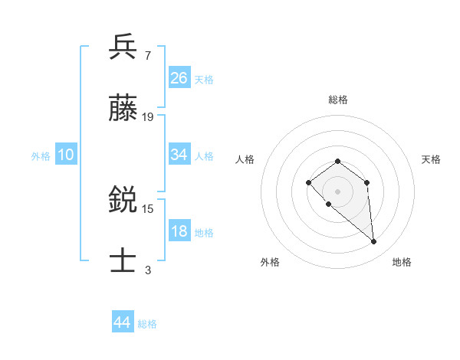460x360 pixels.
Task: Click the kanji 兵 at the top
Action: point(123,47)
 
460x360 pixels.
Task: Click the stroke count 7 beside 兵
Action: point(147,55)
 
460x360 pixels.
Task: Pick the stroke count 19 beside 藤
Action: point(148,117)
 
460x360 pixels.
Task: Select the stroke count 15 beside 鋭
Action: point(148,208)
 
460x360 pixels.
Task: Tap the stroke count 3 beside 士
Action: point(148,270)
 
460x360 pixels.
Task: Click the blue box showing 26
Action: point(179,78)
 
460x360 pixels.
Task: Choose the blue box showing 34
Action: point(179,155)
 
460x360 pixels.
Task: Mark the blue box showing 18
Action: point(179,231)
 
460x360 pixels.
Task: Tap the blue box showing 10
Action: point(66,155)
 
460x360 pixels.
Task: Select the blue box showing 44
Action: point(122,322)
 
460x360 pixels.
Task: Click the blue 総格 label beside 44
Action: point(147,324)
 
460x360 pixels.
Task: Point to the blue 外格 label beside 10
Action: point(41,156)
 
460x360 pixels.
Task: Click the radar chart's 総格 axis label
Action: point(337,100)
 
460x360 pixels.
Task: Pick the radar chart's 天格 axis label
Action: point(431,159)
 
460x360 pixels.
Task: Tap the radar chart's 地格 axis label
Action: point(402,262)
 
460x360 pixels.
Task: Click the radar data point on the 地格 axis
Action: point(374,242)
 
